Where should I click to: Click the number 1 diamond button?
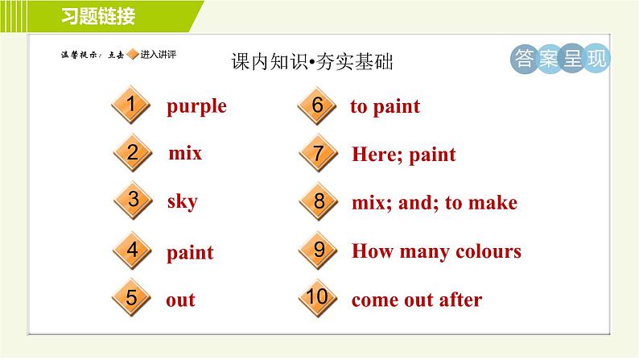[133, 105]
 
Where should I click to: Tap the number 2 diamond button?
[133, 152]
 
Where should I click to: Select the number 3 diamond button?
[133, 201]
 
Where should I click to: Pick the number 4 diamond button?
[133, 250]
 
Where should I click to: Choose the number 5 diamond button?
[133, 298]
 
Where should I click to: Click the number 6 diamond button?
[318, 106]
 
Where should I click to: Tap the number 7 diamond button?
[318, 153]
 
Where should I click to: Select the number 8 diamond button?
[318, 201]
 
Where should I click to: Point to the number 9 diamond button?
[318, 250]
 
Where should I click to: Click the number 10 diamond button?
[318, 298]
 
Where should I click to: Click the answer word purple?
[196, 106]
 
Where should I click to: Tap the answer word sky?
[182, 201]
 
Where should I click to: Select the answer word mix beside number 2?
[185, 153]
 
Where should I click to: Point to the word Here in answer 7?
[376, 155]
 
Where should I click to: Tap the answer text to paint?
[385, 106]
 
